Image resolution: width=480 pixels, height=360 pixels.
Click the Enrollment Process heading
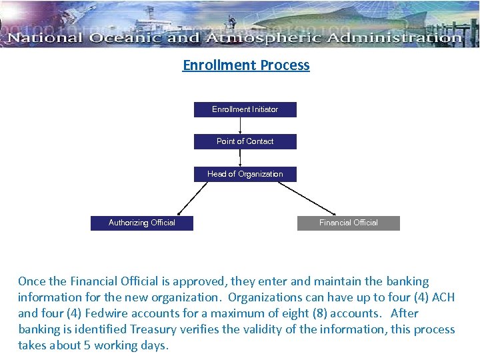coord(246,65)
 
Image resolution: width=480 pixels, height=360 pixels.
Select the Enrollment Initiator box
coord(245,109)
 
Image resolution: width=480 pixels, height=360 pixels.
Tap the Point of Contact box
coord(245,141)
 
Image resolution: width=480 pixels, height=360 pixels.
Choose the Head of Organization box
coord(245,174)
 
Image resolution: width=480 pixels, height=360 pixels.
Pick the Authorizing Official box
coord(141,223)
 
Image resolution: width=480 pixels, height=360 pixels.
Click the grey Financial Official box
coord(348,223)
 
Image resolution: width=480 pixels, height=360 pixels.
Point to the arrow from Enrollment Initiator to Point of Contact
coord(240,126)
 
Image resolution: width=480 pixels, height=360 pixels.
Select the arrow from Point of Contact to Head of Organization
coord(240,158)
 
